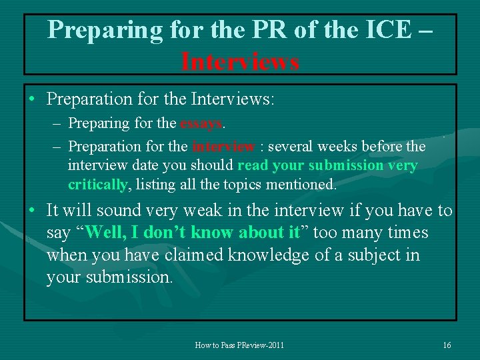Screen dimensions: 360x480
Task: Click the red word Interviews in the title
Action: pyautogui.click(x=240, y=61)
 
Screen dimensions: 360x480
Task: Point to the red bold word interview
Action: pyautogui.click(x=223, y=146)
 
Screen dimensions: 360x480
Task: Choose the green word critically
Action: pyautogui.click(x=97, y=184)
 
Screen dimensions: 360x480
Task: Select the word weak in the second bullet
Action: pyautogui.click(x=193, y=211)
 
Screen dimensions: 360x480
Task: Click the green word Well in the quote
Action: pyautogui.click(x=105, y=233)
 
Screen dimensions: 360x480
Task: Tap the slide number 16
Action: pyautogui.click(x=447, y=345)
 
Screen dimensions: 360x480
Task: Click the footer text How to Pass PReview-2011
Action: pyautogui.click(x=239, y=345)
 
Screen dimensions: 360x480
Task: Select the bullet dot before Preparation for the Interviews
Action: pyautogui.click(x=32, y=100)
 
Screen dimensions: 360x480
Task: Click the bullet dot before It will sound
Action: pyautogui.click(x=32, y=211)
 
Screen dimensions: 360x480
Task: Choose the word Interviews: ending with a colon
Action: pyautogui.click(x=233, y=99)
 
